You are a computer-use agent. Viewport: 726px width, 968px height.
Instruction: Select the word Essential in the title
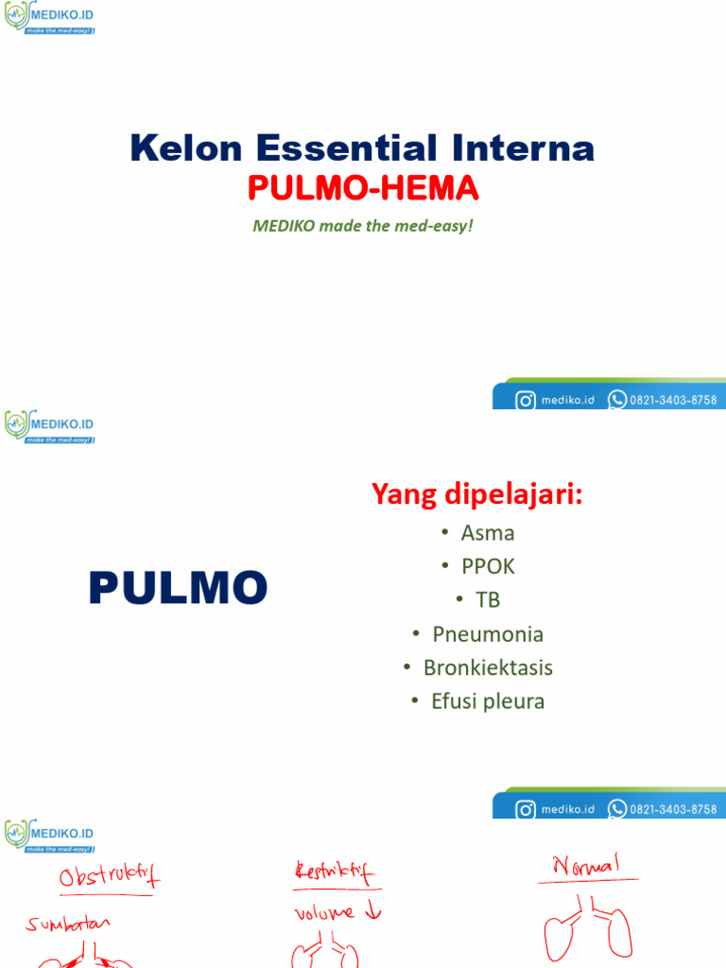click(346, 148)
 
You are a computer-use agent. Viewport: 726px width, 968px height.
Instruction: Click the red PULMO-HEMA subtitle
click(363, 190)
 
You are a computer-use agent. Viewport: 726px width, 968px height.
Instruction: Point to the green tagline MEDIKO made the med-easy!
click(362, 227)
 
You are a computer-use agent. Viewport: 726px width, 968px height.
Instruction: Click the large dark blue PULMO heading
click(178, 589)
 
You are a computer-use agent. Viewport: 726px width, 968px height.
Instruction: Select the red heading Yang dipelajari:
click(476, 493)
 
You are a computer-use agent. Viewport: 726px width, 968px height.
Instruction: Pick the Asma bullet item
click(488, 532)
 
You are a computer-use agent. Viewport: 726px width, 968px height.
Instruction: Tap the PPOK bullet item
click(488, 566)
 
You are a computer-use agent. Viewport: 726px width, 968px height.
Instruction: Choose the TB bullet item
click(488, 599)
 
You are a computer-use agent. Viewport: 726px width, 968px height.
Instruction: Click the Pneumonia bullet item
click(488, 633)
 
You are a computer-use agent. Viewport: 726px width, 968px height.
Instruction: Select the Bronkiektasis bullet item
click(488, 667)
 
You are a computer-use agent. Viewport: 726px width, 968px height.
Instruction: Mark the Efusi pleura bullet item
click(488, 701)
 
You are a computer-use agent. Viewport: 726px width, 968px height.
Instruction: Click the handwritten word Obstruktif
click(110, 877)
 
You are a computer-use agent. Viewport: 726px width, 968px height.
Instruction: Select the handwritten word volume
click(323, 912)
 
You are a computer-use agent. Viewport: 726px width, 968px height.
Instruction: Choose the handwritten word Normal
click(587, 865)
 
